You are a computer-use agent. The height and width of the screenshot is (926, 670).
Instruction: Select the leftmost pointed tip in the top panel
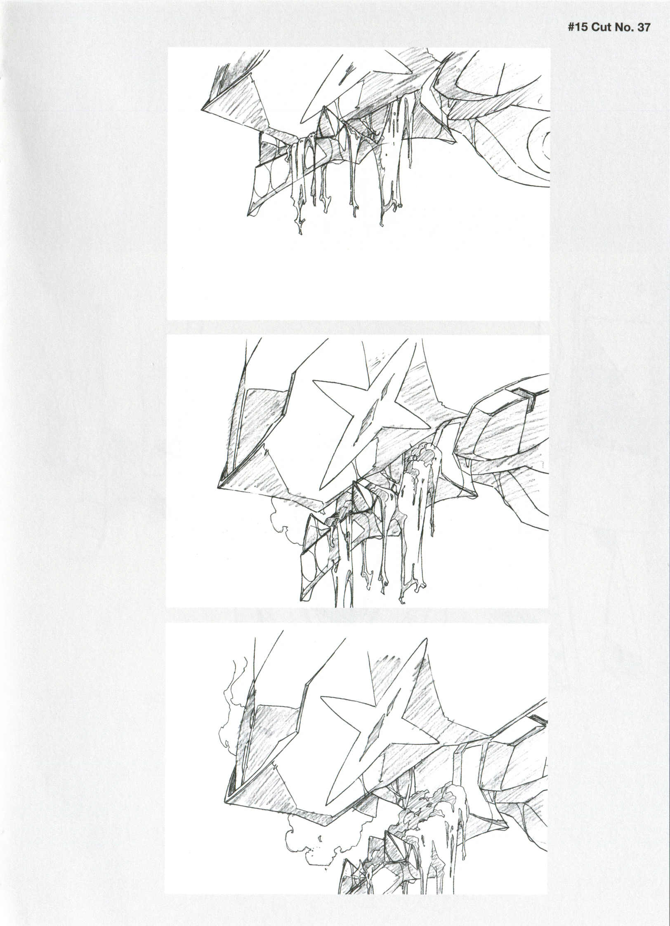[202, 110]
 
